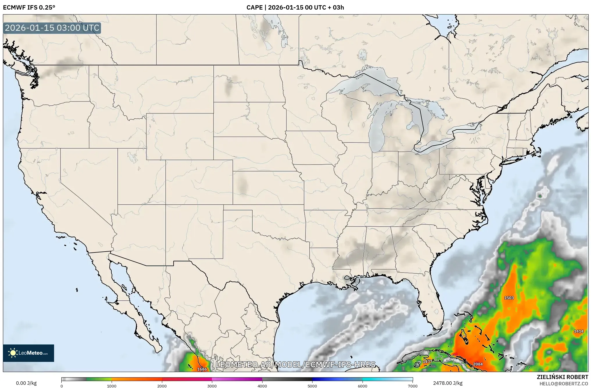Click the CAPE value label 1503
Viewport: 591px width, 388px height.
509,298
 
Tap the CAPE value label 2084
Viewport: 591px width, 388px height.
478,364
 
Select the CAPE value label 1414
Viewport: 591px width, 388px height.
578,331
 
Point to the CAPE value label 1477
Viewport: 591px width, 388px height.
427,362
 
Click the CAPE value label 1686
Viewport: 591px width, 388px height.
202,369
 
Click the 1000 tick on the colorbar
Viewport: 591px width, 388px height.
112,386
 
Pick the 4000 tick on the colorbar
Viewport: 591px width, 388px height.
262,386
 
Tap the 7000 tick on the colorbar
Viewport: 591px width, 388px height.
413,386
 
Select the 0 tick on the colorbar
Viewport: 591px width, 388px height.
62,386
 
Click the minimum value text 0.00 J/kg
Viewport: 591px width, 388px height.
26,383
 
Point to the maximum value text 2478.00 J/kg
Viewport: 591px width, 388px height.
448,383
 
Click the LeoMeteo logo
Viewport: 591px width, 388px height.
28,353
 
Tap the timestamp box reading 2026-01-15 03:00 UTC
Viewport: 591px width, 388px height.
52,28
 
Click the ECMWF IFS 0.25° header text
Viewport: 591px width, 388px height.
29,8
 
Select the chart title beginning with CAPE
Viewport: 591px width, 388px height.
295,8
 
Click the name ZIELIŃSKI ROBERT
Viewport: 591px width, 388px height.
562,377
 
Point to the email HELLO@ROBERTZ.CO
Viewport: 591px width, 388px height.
564,384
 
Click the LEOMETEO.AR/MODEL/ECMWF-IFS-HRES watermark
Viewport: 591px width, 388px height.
296,364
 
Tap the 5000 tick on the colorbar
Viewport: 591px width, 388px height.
312,386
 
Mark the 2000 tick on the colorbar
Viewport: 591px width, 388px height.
162,386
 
